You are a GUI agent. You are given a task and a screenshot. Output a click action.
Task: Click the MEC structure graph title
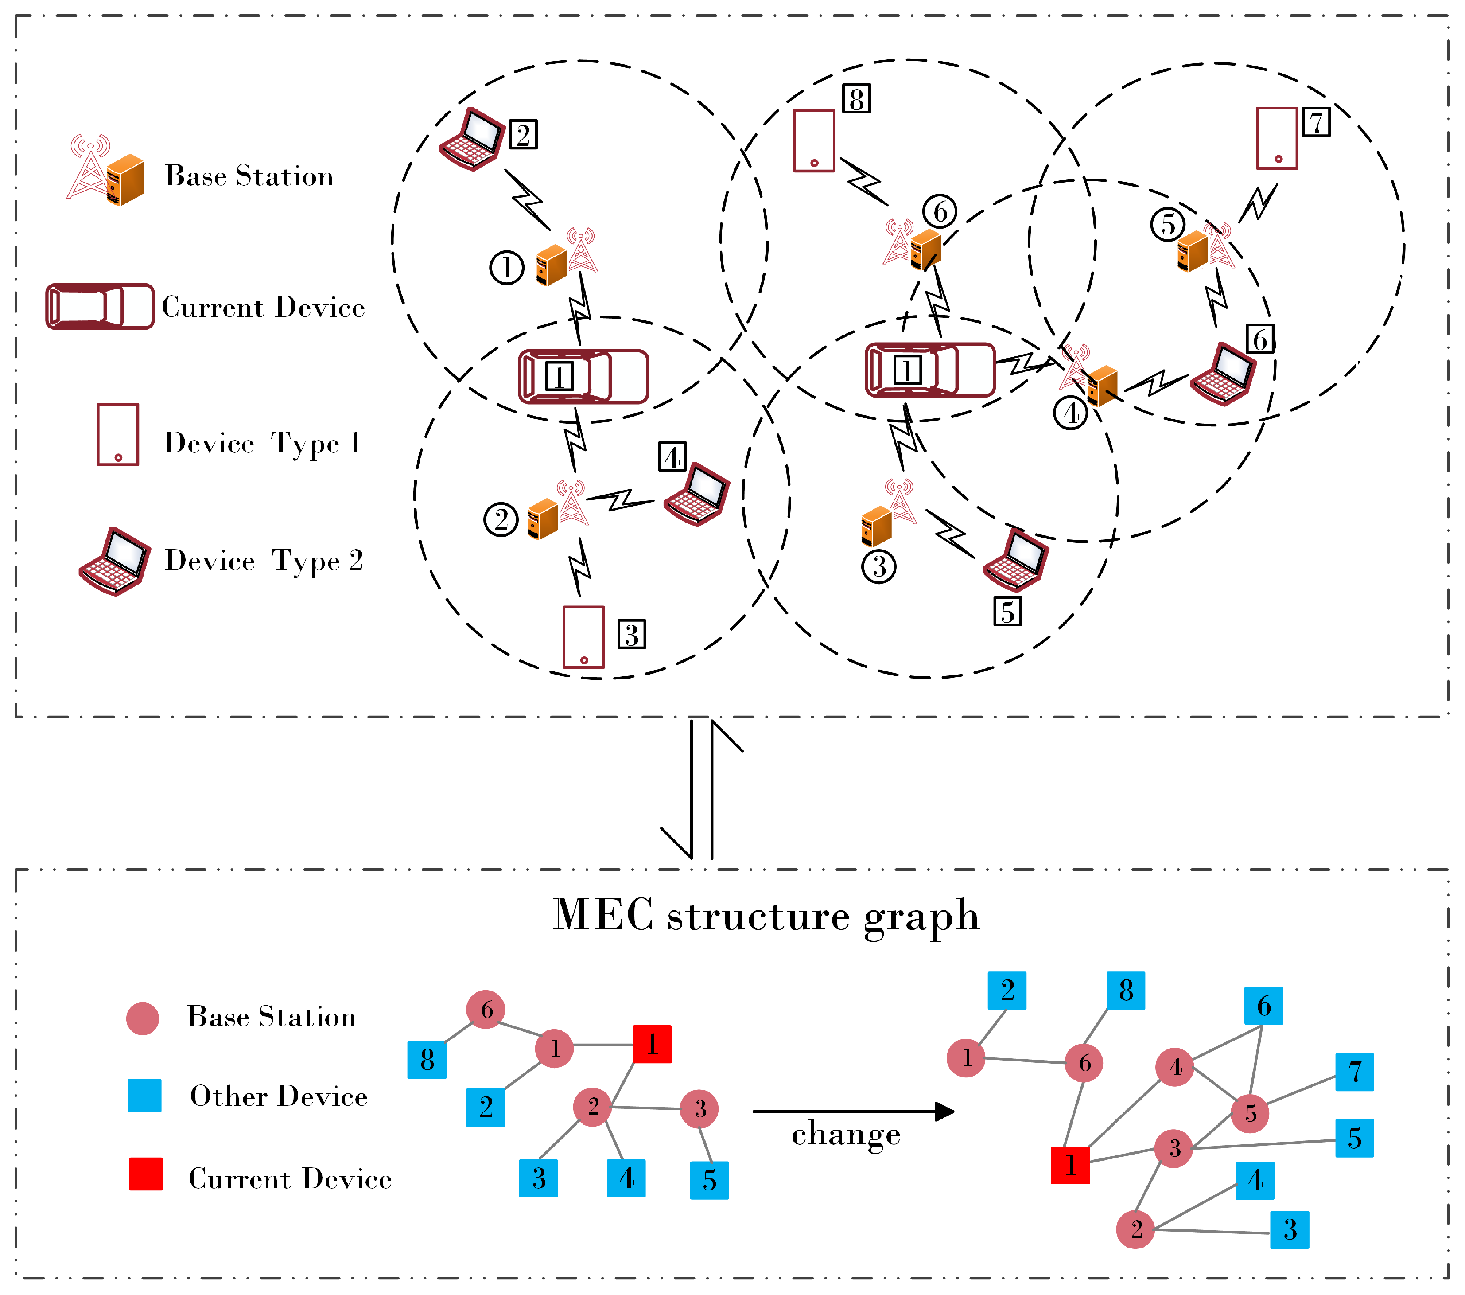pyautogui.click(x=766, y=917)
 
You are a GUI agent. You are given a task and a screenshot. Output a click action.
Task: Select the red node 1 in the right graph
pyautogui.click(x=1070, y=1165)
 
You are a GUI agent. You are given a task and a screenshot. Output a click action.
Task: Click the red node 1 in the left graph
pyautogui.click(x=652, y=1044)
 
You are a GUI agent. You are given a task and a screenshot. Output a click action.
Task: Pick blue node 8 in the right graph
pyautogui.click(x=1125, y=990)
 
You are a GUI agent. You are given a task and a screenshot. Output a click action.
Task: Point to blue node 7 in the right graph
pyautogui.click(x=1354, y=1072)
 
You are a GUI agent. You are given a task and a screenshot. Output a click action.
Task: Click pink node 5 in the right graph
pyautogui.click(x=1250, y=1114)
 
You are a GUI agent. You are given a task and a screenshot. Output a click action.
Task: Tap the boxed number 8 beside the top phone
pyautogui.click(x=856, y=98)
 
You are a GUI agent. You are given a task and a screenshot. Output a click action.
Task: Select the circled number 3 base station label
pyautogui.click(x=879, y=566)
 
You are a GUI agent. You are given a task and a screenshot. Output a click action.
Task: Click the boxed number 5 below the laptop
pyautogui.click(x=1007, y=612)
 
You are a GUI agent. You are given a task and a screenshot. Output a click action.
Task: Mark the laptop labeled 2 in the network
pyautogui.click(x=472, y=139)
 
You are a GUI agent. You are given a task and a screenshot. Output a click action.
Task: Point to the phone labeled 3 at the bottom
pyautogui.click(x=583, y=637)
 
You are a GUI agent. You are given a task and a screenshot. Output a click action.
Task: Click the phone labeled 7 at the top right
pyautogui.click(x=1276, y=138)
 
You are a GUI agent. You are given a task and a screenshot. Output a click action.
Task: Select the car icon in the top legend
pyautogui.click(x=100, y=307)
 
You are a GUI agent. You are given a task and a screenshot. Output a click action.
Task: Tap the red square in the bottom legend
pyautogui.click(x=145, y=1174)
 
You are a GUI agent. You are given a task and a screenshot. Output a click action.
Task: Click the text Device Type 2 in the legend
pyautogui.click(x=264, y=561)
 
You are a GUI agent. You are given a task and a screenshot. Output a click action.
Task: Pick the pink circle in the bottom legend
pyautogui.click(x=143, y=1018)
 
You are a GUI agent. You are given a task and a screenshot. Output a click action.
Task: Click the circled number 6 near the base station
pyautogui.click(x=940, y=211)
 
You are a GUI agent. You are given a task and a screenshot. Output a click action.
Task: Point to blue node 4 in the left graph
pyautogui.click(x=626, y=1178)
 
